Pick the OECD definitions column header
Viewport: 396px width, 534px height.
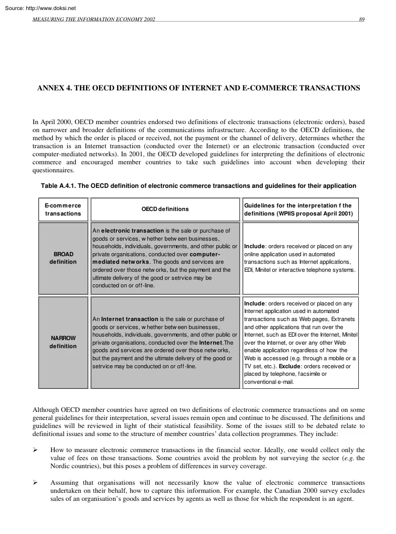(165, 209)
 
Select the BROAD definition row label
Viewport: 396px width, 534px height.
(63, 258)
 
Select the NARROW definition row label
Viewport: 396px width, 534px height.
(63, 342)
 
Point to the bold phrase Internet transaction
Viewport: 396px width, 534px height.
(130, 318)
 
